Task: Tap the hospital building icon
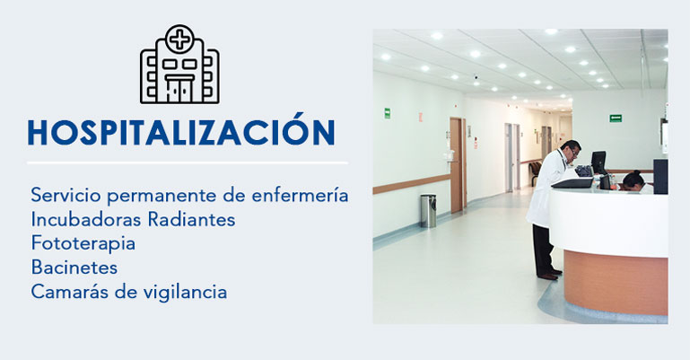179,65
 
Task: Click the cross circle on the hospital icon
179,39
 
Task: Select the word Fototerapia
83,243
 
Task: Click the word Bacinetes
74,268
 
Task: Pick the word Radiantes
191,219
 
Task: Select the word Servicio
66,195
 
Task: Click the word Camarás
69,292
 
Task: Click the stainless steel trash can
428,211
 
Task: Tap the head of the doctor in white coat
571,152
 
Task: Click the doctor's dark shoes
549,275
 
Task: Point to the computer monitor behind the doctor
598,162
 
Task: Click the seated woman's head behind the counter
633,180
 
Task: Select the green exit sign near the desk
616,118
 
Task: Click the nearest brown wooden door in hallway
457,165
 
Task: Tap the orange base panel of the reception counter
616,282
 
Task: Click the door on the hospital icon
179,90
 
